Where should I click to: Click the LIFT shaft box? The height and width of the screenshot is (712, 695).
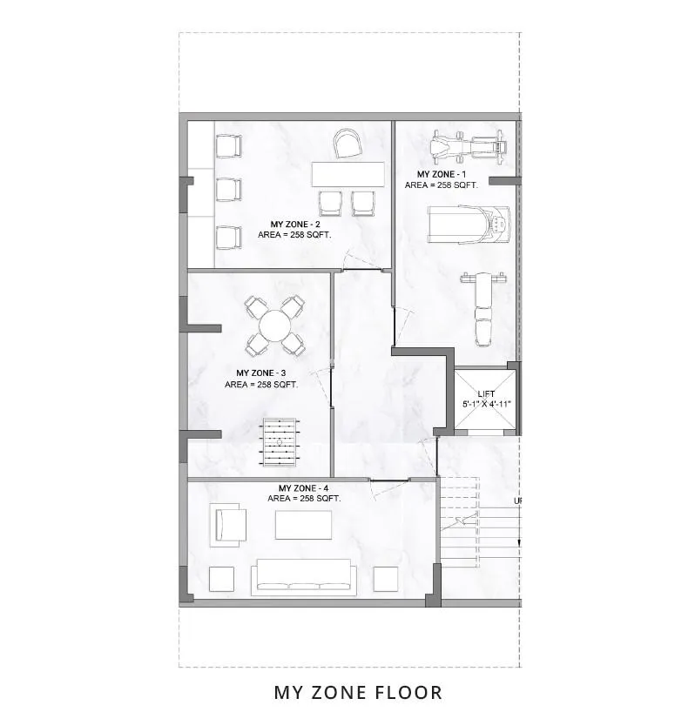(x=486, y=400)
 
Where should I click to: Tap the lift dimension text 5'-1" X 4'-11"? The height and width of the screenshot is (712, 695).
(x=487, y=404)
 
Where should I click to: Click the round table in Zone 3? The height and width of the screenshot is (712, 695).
(x=274, y=326)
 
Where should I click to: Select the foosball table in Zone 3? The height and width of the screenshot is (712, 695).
(x=280, y=442)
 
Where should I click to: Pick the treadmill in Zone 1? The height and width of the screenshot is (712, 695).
(x=469, y=225)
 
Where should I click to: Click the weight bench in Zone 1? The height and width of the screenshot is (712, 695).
(x=482, y=309)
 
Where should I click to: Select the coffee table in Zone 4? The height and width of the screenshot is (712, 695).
(x=303, y=525)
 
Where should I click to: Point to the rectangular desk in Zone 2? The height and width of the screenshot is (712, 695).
(x=348, y=174)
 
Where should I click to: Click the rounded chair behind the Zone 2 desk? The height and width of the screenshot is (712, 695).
(x=347, y=144)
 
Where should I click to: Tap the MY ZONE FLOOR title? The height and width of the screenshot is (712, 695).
(x=358, y=693)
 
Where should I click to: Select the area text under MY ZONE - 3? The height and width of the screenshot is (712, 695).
(x=261, y=385)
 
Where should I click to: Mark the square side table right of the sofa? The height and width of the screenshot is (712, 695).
(x=386, y=579)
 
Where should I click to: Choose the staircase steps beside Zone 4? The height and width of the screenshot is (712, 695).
(x=479, y=522)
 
